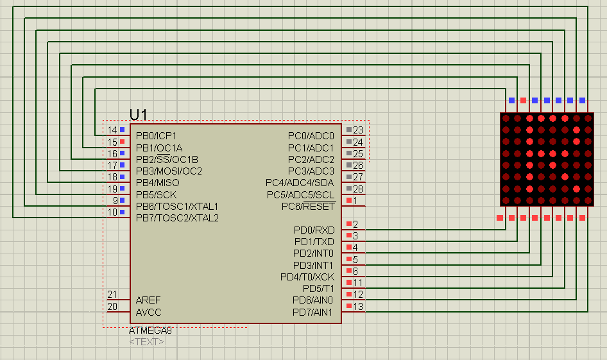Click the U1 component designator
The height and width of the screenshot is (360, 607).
click(x=139, y=115)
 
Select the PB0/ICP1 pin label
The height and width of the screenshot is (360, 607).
click(x=156, y=136)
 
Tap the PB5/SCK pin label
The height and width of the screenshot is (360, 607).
click(x=156, y=194)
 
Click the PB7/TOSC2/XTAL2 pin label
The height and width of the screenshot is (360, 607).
click(x=177, y=218)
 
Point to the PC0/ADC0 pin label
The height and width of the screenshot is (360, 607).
click(x=311, y=136)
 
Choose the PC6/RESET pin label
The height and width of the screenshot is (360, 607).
click(x=308, y=207)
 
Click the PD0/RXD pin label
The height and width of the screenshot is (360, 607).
click(x=314, y=230)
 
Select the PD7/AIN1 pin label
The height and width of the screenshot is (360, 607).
click(x=312, y=313)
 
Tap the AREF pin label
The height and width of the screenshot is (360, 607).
click(x=148, y=300)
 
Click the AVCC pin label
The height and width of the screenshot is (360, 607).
click(x=149, y=313)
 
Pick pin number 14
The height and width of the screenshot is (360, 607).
click(x=112, y=130)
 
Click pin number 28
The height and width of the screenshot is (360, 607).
click(x=358, y=189)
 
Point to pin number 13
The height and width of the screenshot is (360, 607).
click(x=358, y=307)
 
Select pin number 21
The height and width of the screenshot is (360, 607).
click(x=112, y=295)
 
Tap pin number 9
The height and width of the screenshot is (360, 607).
click(x=115, y=201)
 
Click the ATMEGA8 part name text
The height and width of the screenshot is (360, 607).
click(x=150, y=330)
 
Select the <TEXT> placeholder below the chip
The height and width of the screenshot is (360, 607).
click(x=146, y=341)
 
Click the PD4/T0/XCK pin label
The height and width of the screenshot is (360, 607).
click(x=307, y=277)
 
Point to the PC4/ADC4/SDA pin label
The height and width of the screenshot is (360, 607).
click(x=300, y=183)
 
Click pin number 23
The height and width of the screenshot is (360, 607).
click(x=358, y=130)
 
